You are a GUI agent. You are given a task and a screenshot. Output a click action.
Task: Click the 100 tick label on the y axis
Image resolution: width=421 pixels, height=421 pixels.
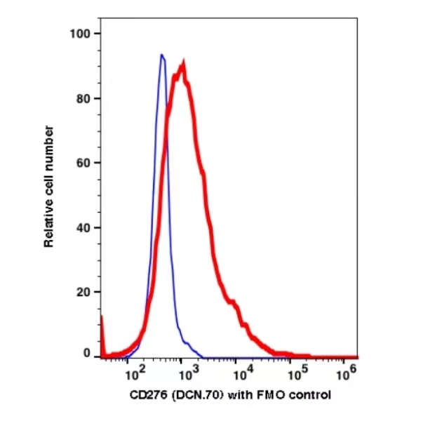coord(83,34)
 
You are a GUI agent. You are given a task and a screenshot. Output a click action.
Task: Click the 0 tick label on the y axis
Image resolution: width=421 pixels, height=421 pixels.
coord(88,354)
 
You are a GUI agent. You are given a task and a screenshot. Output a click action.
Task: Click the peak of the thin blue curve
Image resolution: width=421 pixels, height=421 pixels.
coord(162,55)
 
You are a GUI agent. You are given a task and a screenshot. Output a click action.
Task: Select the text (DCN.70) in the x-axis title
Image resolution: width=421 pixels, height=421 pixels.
coord(189,395)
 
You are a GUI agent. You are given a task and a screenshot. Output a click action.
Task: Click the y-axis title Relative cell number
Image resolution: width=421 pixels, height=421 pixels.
coord(49,186)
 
